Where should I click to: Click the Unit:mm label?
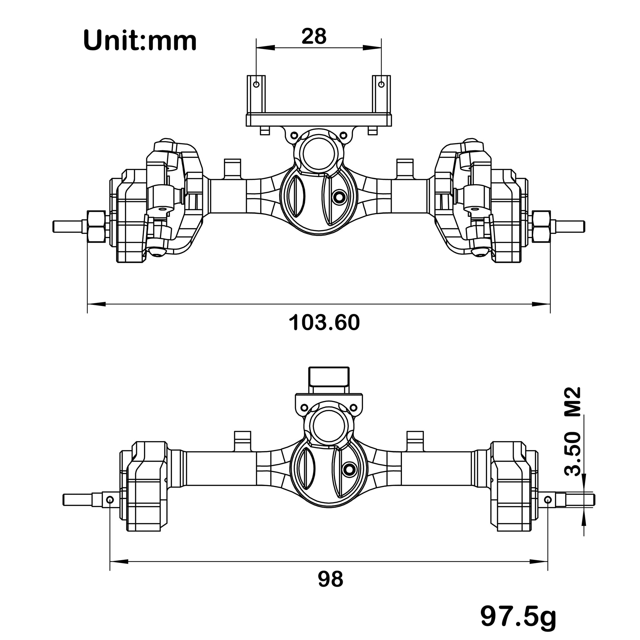[140, 40]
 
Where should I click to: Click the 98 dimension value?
[330, 579]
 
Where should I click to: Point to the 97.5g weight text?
[518, 616]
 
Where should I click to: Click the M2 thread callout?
[573, 402]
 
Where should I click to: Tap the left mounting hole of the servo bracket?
[256, 85]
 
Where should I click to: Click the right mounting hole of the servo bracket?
[381, 85]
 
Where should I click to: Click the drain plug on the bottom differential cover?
[349, 469]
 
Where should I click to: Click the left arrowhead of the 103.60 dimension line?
[96, 303]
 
